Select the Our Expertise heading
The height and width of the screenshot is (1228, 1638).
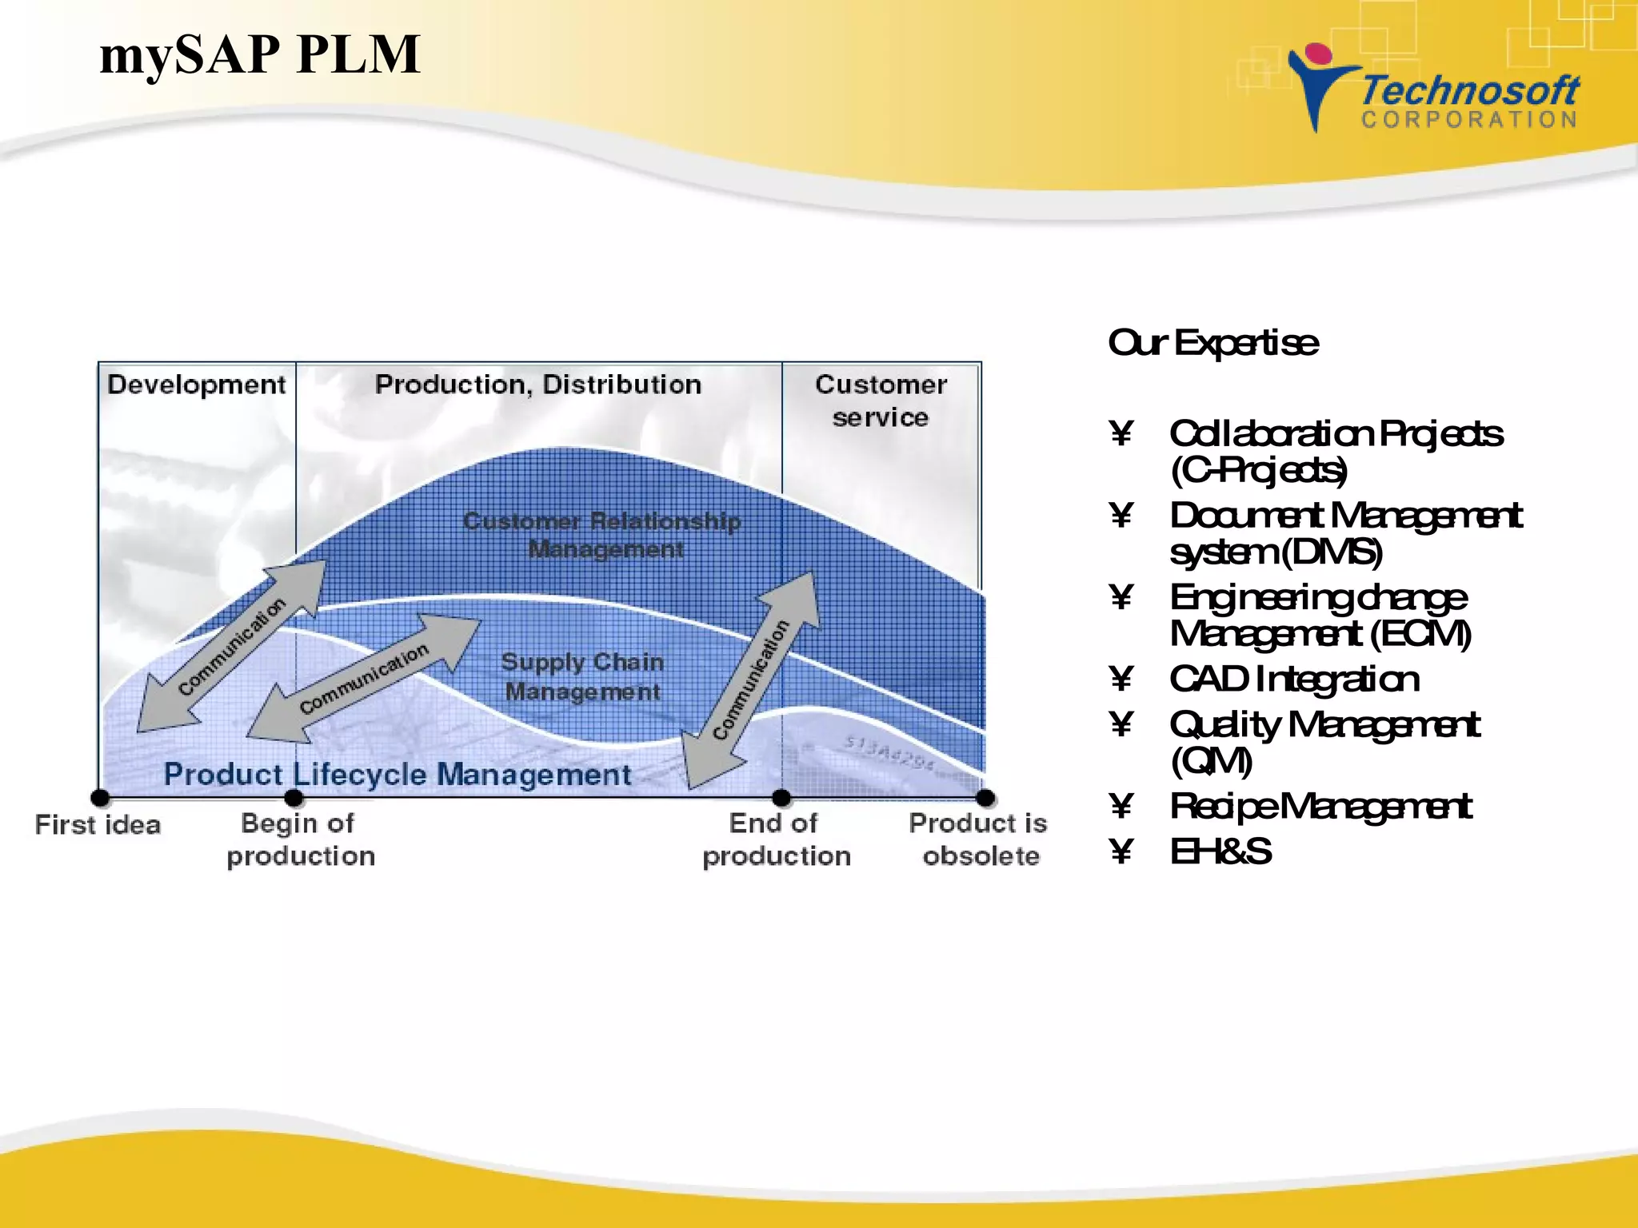(x=1213, y=343)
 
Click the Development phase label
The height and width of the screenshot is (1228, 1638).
(x=196, y=385)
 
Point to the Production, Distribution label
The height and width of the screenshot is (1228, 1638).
(x=537, y=385)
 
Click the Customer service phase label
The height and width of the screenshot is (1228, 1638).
(x=880, y=401)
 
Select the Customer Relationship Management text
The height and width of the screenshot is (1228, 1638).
(x=602, y=535)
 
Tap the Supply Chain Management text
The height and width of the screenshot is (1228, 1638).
(x=582, y=676)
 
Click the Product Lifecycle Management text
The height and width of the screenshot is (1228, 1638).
(x=398, y=774)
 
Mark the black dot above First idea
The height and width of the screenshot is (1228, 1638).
(x=100, y=797)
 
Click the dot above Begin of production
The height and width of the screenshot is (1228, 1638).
(x=294, y=797)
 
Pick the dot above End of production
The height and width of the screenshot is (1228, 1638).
(x=781, y=797)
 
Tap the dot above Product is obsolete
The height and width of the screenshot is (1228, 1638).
(x=985, y=797)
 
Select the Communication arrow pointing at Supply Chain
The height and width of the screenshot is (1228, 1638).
(x=364, y=678)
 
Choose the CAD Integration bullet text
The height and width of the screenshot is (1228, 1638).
(x=1293, y=680)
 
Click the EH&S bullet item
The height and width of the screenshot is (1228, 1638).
(x=1220, y=852)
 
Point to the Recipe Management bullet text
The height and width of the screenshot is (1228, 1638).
(x=1320, y=807)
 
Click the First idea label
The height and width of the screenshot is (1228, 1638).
(x=98, y=825)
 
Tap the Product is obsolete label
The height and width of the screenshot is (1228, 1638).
(x=978, y=839)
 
